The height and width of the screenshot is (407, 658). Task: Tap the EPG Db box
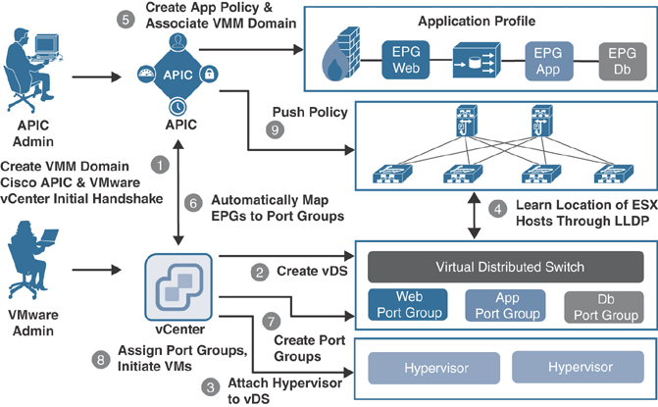tap(622, 60)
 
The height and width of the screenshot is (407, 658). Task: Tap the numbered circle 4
tap(498, 207)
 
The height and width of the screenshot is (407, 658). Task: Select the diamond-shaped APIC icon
tap(178, 75)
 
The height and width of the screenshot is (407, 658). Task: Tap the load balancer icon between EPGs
tap(478, 60)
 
